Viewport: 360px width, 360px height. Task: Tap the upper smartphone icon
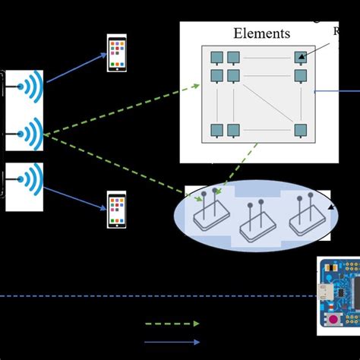pos(116,54)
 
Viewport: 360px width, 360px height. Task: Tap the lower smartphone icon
pos(116,210)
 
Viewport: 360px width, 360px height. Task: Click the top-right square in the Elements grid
pos(301,57)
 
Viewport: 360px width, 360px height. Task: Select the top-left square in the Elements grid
pos(216,57)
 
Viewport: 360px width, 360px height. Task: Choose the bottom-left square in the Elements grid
pos(216,130)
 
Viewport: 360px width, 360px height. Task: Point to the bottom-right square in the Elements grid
pos(301,130)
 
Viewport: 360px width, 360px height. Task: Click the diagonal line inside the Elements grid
pos(266,103)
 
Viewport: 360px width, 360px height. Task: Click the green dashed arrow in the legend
pos(172,324)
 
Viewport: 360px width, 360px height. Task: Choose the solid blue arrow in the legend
pos(172,342)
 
